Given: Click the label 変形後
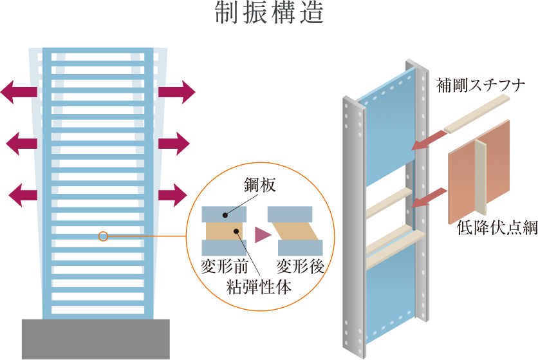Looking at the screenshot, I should [299, 265].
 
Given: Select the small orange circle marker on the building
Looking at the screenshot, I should [103, 237].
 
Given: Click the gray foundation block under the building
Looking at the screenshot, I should [95, 339].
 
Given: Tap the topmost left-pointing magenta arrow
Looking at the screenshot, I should [19, 91].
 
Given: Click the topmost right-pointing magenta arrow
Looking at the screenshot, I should [176, 91].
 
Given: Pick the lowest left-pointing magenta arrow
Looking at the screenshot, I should [24, 194].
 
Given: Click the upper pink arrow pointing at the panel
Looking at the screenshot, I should [427, 140].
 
